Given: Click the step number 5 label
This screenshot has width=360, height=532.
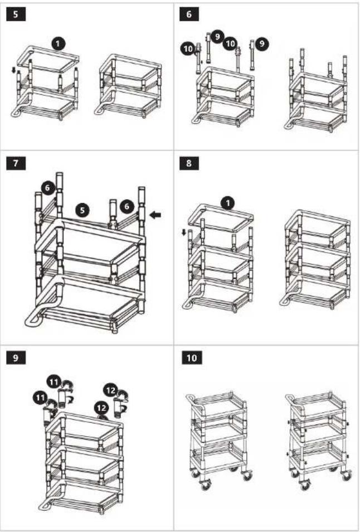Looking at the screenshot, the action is click(16, 14).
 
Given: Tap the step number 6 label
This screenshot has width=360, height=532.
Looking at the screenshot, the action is click(189, 14).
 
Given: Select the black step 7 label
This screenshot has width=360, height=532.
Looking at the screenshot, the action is click(16, 163).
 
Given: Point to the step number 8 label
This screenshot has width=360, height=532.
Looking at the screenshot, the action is click(189, 163).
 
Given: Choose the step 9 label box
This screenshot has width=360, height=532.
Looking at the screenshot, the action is click(16, 358).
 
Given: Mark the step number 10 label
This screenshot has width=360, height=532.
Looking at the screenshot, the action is click(192, 358).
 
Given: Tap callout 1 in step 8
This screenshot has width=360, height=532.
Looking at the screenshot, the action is click(227, 204).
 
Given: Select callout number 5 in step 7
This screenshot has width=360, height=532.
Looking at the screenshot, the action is click(82, 210).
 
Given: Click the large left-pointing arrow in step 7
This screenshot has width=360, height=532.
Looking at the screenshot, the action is click(156, 215).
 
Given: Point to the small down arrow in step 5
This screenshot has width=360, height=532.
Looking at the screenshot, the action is click(13, 70).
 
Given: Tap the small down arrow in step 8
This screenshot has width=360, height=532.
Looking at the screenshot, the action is click(184, 233).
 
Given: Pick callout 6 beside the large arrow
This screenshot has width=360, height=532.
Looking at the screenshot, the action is click(127, 207).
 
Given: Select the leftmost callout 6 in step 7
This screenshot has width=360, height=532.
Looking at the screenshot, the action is click(48, 187).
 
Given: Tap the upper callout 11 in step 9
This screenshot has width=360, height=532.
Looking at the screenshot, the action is click(54, 381).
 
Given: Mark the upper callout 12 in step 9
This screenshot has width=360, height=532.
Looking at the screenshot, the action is click(111, 390).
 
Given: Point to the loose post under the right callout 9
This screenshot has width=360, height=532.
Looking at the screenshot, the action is click(252, 55).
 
